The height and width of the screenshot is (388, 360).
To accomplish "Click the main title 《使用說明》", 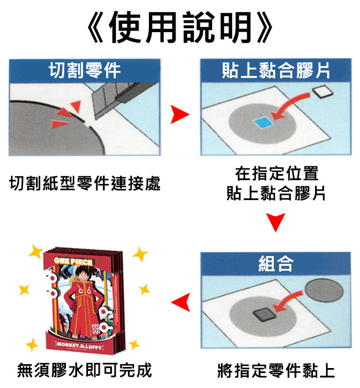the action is click(180, 28).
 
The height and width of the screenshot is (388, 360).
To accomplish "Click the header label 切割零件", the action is click(85, 70).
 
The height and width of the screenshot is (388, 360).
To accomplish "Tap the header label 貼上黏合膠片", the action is click(276, 70).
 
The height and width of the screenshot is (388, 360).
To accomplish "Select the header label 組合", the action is click(276, 263).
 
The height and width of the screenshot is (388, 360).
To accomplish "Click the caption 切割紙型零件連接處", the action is click(85, 183).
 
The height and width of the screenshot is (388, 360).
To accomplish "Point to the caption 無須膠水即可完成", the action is click(84, 370).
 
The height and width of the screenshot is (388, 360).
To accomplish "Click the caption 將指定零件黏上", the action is click(276, 370).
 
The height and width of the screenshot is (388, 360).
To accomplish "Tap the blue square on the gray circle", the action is click(263, 122).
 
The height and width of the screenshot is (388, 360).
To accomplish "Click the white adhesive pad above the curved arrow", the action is click(323, 92).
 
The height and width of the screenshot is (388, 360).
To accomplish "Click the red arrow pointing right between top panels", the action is click(180, 114).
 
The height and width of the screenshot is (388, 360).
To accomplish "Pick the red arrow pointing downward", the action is click(276, 222).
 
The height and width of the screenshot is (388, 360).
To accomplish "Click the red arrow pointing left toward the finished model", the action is click(181, 302).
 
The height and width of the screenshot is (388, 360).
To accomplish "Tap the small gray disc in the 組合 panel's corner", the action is click(324, 290).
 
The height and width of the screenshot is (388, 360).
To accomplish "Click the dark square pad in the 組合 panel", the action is click(264, 314).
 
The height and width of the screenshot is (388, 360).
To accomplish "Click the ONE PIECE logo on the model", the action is click(73, 261).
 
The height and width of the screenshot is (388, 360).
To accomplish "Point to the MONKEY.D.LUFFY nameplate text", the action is click(79, 346).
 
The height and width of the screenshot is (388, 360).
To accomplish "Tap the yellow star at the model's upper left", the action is click(36, 252).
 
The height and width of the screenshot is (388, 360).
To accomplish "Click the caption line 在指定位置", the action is click(277, 173).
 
